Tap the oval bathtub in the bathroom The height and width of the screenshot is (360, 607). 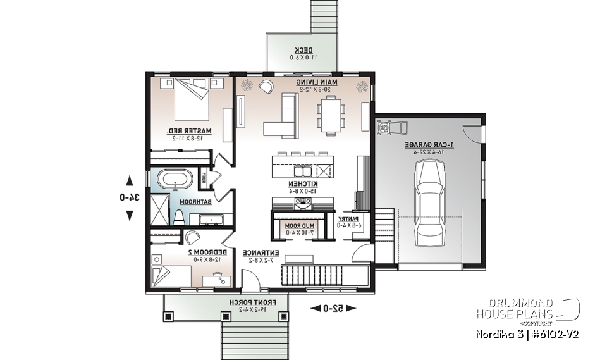click(173, 180)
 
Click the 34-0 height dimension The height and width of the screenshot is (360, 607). click(130, 197)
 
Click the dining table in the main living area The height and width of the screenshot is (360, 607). click(332, 116)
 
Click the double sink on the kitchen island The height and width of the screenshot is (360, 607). click(298, 171)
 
